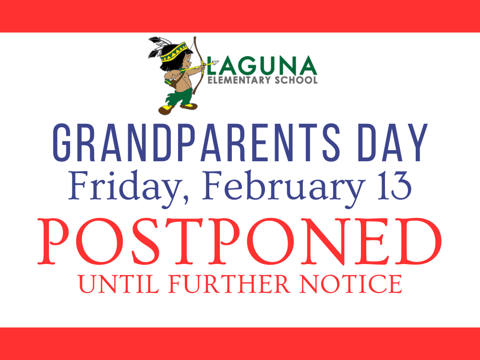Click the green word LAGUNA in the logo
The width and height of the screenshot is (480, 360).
(x=263, y=66)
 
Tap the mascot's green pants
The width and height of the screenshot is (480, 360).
(x=178, y=96)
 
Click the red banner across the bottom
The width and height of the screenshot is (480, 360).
(x=240, y=344)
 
